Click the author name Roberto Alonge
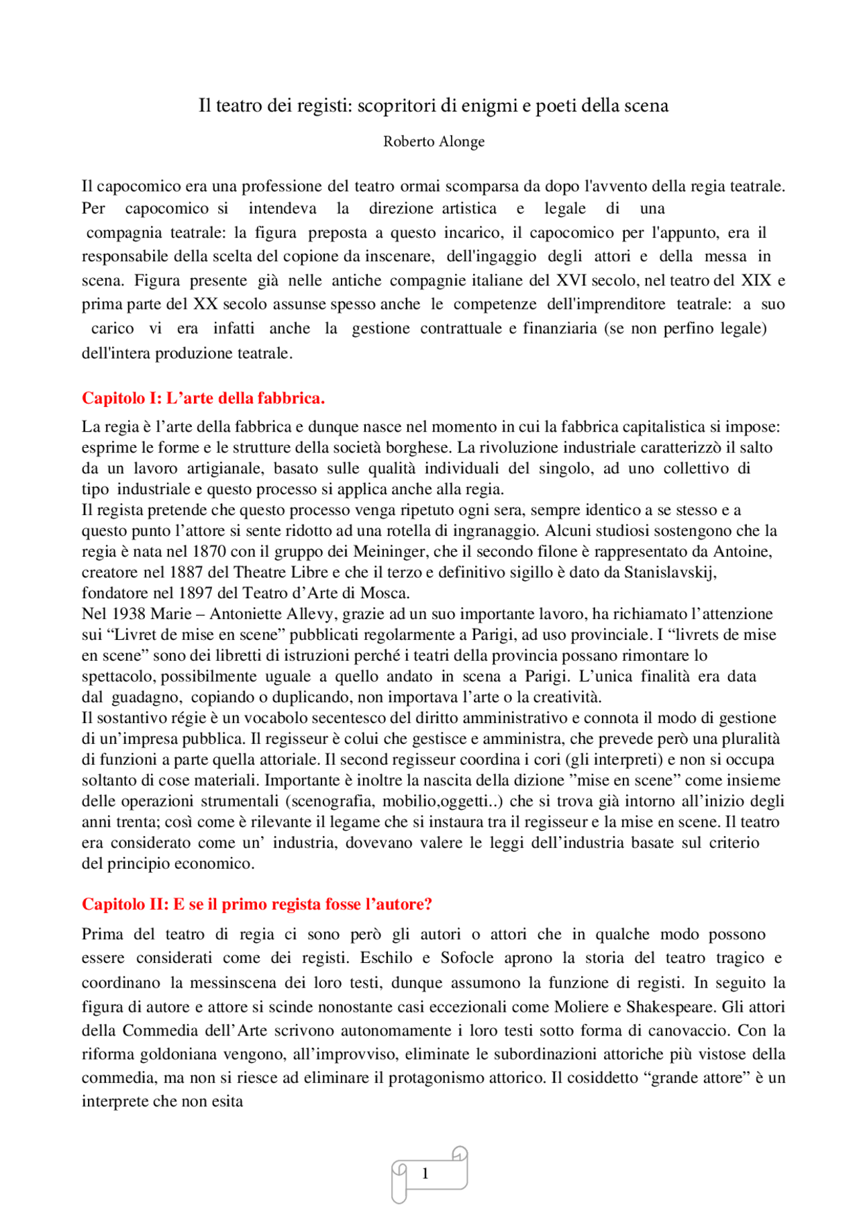[x=434, y=142]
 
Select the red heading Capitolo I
[x=203, y=398]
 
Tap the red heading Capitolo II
[x=256, y=904]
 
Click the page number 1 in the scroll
[x=425, y=1174]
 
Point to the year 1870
[x=209, y=552]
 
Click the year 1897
[x=196, y=594]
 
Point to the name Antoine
[x=742, y=552]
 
